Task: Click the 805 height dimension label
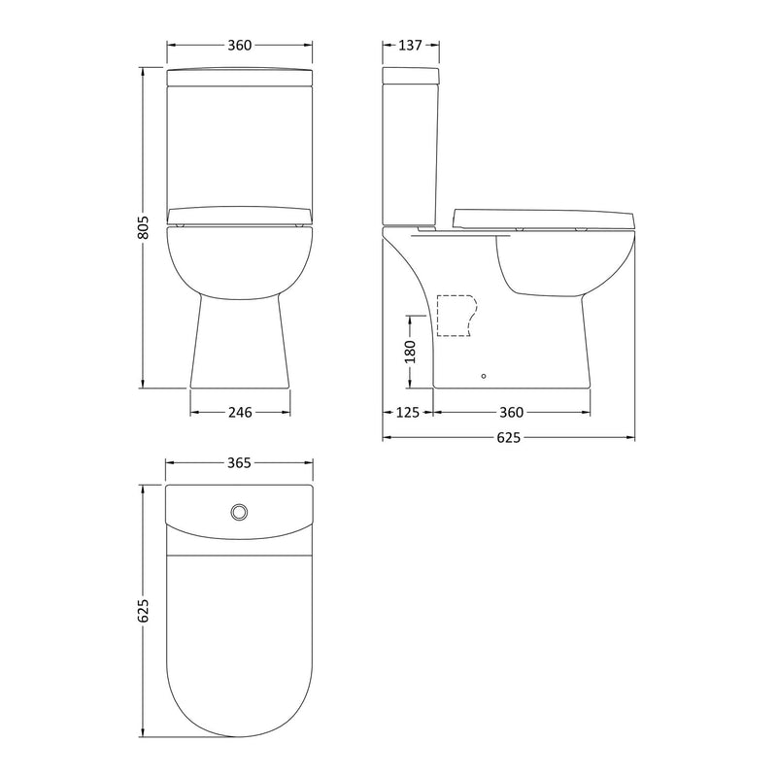(x=141, y=227)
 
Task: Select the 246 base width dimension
(x=240, y=412)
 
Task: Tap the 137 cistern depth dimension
(x=410, y=46)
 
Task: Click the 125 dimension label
(x=408, y=412)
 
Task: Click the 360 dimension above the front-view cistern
(x=240, y=46)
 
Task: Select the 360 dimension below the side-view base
(x=511, y=412)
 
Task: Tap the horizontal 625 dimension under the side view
(x=509, y=438)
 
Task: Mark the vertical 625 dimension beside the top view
(x=141, y=610)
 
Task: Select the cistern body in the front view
(x=240, y=146)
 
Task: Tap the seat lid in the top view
(x=240, y=641)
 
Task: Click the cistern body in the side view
(x=414, y=155)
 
